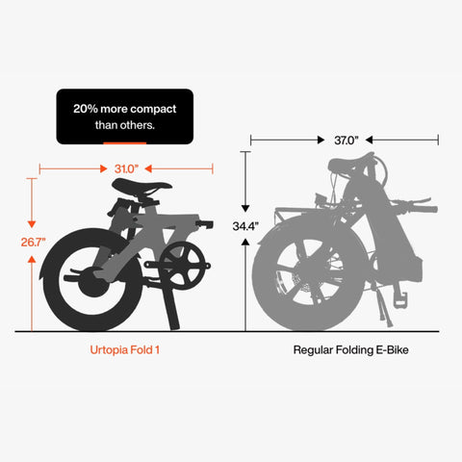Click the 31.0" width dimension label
[x=126, y=168]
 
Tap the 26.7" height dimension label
[x=34, y=242]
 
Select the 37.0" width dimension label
[x=346, y=141]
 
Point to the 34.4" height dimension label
[x=245, y=226]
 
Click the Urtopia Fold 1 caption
[x=124, y=349]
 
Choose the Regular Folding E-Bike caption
[x=350, y=349]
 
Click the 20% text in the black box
[x=86, y=109]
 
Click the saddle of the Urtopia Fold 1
[x=141, y=185]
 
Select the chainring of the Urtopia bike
[x=182, y=266]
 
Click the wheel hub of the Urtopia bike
[x=93, y=282]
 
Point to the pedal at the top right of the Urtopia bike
[x=204, y=224]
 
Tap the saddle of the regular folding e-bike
[x=350, y=165]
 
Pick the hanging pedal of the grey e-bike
[x=400, y=299]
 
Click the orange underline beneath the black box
[x=124, y=143]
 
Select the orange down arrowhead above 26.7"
[x=32, y=224]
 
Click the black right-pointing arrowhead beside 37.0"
[x=321, y=140]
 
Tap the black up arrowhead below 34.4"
[x=245, y=243]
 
